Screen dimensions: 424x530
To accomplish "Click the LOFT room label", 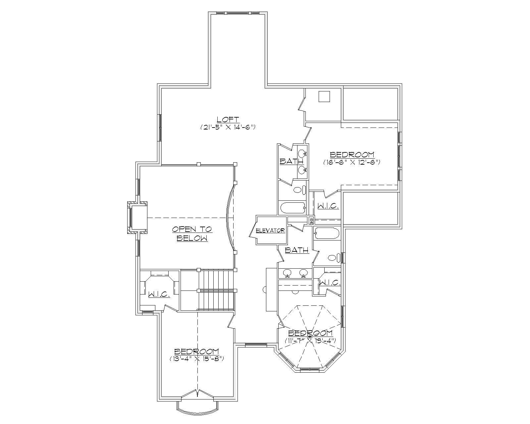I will coord(228,120).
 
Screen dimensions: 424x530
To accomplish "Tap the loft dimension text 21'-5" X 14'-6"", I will coord(228,127).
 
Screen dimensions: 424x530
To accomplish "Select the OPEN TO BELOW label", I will coord(192,234).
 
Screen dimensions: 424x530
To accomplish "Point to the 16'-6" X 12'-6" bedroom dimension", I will coord(352,162).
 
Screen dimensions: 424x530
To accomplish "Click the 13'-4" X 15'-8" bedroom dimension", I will coord(197,359).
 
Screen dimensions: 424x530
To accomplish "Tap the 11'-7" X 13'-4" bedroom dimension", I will coord(310,341).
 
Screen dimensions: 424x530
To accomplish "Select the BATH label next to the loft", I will coord(291,161).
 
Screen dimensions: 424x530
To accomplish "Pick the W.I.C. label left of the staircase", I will coord(159,294).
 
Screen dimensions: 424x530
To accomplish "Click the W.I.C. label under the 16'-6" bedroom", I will coord(328,206).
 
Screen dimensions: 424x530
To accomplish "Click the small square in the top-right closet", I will coord(324,96).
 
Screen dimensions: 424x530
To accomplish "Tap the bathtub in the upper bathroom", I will coord(292,208).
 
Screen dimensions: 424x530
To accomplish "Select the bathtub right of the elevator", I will coord(327,233).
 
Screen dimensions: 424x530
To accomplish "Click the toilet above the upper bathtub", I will coord(298,190).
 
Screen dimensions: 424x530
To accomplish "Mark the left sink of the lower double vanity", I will coord(287,273).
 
